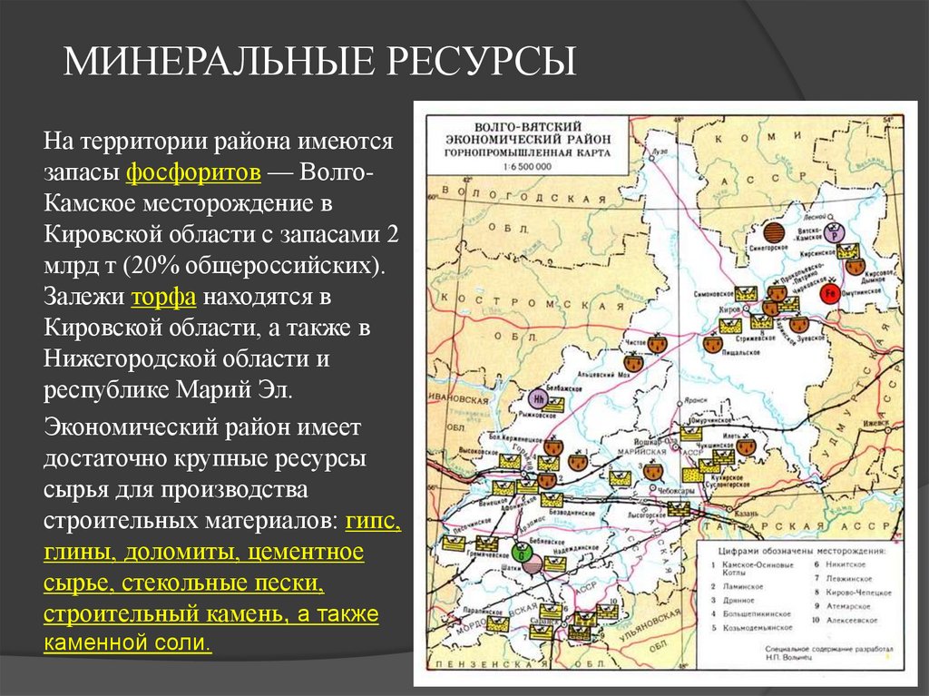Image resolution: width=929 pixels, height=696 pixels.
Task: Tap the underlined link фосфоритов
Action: point(194,171)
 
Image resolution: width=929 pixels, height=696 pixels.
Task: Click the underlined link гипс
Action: point(373,522)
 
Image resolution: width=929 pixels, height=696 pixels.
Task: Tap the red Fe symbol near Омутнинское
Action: point(829,294)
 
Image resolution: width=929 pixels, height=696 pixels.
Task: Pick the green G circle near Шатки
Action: point(520,550)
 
